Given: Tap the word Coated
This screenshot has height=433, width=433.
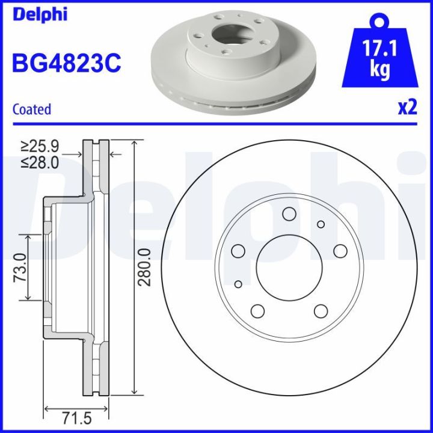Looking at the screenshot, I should (32, 109).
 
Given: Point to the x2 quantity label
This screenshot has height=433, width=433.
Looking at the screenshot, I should (407, 108).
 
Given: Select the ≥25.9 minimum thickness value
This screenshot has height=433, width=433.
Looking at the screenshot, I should (40, 146).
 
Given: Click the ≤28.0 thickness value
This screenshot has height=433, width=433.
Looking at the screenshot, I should (40, 162).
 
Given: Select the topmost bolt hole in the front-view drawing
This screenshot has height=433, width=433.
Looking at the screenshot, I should (289, 214).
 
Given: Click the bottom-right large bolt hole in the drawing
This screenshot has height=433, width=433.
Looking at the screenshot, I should (321, 310).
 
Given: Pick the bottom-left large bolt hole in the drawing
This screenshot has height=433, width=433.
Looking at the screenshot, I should (257, 310).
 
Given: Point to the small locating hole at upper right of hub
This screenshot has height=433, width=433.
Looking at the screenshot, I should (321, 224).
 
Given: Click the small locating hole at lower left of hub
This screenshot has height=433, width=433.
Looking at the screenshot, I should (239, 284).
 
